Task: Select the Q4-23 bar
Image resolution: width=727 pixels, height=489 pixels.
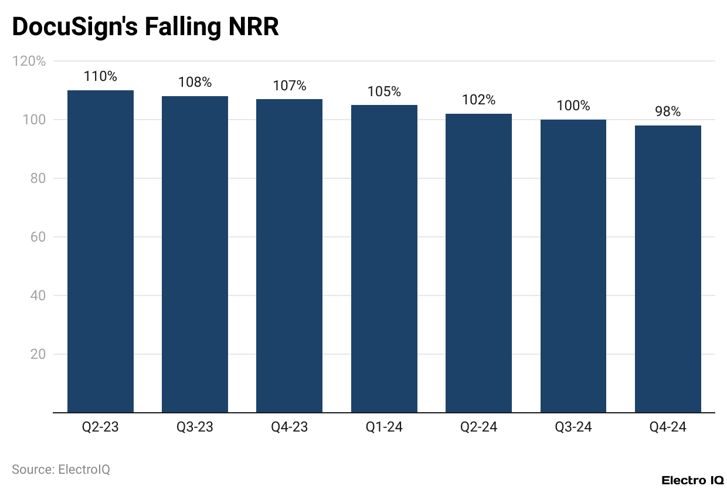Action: (x=290, y=256)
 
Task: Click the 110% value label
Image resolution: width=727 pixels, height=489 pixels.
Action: (x=100, y=76)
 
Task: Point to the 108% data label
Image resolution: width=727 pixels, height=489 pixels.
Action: (x=195, y=82)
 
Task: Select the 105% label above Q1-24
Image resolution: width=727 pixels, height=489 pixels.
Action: (x=384, y=91)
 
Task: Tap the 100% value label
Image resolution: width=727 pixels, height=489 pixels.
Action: (x=573, y=106)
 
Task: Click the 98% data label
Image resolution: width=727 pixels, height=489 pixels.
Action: (x=668, y=112)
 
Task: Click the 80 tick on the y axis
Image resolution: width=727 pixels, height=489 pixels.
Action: (x=38, y=178)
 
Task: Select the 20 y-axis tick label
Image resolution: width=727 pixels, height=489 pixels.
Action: (x=38, y=354)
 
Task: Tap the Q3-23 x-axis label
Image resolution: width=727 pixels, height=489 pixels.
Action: (x=195, y=427)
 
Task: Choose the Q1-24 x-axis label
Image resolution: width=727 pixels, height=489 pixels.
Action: (x=384, y=427)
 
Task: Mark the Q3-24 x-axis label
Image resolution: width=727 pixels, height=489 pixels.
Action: (x=573, y=427)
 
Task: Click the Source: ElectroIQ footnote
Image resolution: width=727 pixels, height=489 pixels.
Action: (x=61, y=470)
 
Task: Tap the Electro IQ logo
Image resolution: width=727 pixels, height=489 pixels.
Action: (x=692, y=480)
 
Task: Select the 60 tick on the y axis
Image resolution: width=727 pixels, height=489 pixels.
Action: (x=38, y=237)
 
